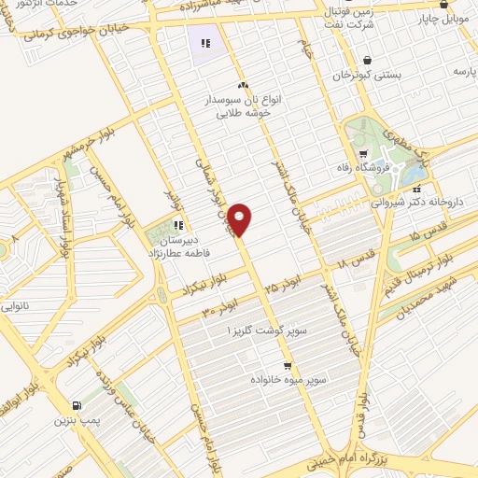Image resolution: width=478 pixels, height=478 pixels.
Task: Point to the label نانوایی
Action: [x=16, y=305]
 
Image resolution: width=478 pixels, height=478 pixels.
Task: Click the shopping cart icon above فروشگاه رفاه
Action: [x=361, y=154]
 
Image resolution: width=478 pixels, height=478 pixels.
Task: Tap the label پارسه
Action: [x=464, y=70]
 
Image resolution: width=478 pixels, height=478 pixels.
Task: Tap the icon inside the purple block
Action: [x=204, y=42]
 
